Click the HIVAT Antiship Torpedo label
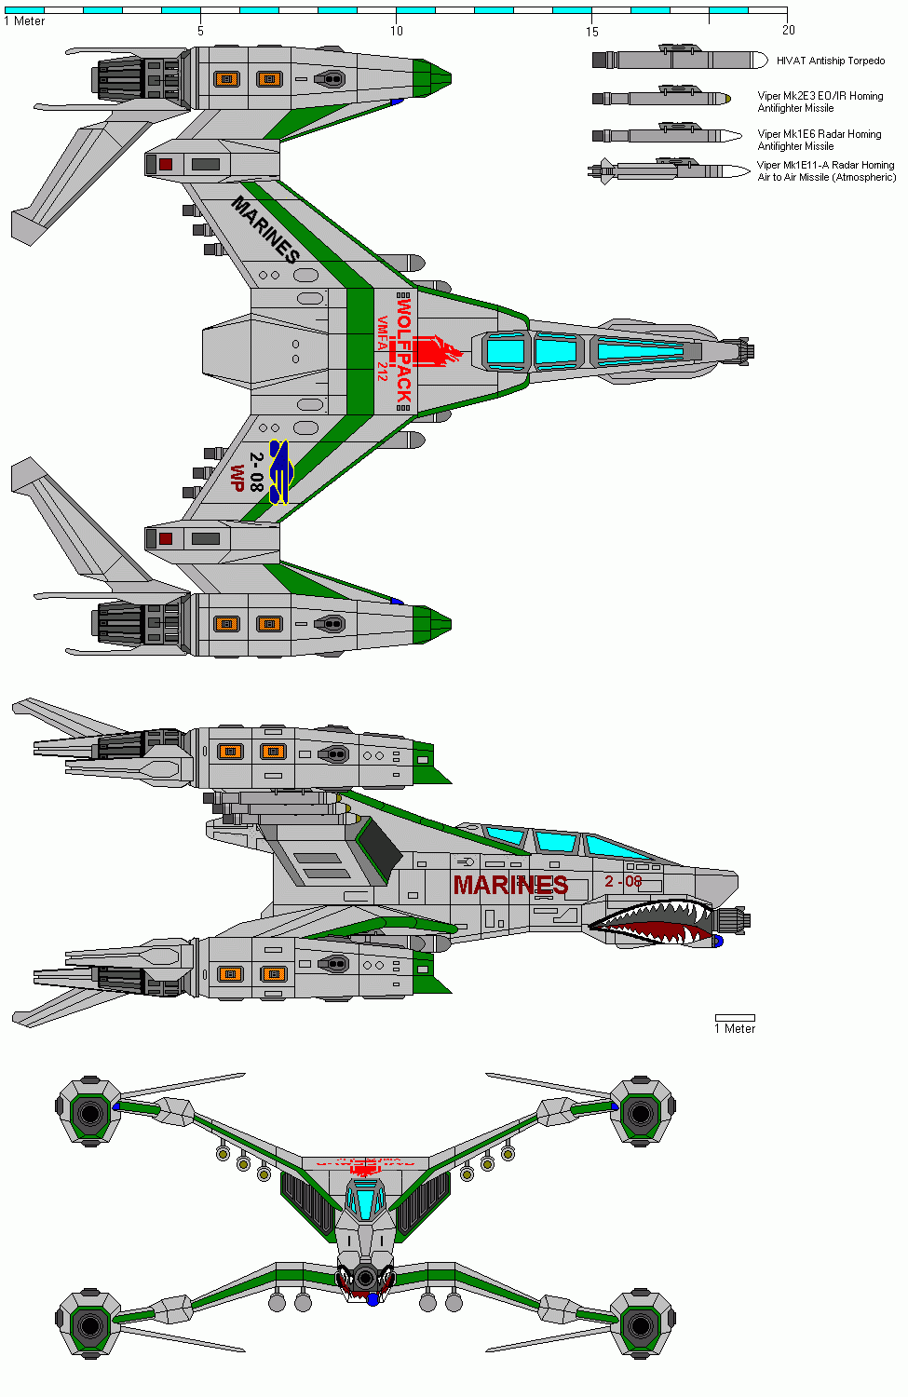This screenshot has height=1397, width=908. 831,61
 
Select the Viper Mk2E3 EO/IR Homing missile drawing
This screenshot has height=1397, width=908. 661,97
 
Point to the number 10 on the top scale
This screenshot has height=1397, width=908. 397,31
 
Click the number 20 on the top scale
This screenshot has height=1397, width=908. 788,31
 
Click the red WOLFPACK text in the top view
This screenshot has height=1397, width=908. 403,349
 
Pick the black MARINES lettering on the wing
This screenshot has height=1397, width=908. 265,229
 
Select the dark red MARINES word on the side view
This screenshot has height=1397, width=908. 510,885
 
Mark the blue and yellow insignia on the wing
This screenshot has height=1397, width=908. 279,472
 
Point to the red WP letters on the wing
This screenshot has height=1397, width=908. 237,478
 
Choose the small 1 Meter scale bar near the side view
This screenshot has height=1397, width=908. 735,1018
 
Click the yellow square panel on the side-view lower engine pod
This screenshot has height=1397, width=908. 273,974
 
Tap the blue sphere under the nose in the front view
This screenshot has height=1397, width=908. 373,1298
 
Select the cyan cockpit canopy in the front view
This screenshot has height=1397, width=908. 365,1199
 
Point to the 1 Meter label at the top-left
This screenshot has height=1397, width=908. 25,20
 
